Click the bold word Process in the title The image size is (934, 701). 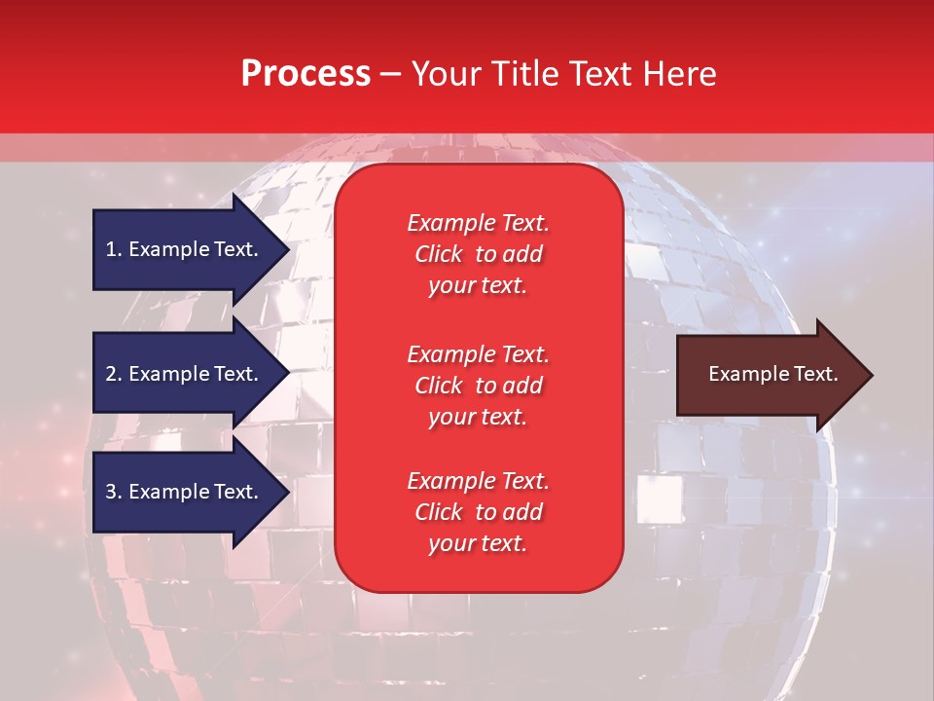point(305,74)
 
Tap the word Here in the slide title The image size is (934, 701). point(679,74)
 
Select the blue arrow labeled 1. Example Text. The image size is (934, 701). point(185,249)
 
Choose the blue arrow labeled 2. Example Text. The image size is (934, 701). point(185,374)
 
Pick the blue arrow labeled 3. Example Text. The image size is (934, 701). point(185,492)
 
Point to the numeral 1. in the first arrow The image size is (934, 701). point(114,249)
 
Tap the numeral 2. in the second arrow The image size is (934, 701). point(114,374)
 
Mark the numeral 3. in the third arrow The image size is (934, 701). point(114,492)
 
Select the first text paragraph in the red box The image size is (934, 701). point(478,254)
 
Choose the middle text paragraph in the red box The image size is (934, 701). point(478,386)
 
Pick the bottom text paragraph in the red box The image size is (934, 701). point(478,512)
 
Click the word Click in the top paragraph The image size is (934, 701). point(438,254)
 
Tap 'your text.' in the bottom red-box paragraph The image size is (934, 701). point(478,544)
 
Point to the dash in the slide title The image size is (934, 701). point(390,74)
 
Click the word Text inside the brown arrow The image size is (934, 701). point(812,374)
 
